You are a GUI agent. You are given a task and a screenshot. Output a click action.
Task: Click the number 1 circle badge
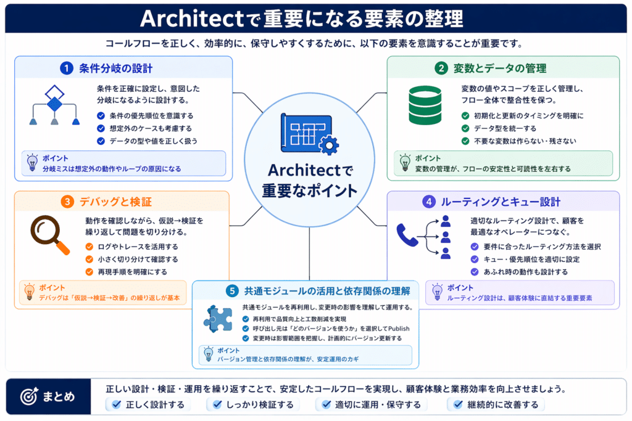(x=67, y=68)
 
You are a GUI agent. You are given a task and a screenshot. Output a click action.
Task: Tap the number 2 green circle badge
(x=441, y=68)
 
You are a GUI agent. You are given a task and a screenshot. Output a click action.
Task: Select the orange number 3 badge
(x=67, y=202)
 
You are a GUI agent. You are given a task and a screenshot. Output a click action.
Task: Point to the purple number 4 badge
(x=428, y=202)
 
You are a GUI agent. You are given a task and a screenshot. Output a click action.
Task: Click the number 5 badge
(x=232, y=290)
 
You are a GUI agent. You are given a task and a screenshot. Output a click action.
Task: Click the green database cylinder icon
(x=425, y=105)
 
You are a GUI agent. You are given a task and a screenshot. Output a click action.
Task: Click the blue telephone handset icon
(x=407, y=235)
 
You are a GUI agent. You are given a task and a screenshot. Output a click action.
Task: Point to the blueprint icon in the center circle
(x=309, y=134)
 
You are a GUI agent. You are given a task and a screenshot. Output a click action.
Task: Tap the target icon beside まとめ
(x=29, y=396)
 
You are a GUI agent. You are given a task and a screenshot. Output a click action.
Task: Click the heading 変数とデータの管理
(x=500, y=68)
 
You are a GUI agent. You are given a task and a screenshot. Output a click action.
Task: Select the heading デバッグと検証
(x=115, y=202)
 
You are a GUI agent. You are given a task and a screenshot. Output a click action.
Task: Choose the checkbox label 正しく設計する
(x=155, y=404)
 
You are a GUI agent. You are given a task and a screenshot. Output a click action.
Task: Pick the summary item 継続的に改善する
(x=502, y=404)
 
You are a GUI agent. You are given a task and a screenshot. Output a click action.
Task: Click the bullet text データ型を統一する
(x=505, y=128)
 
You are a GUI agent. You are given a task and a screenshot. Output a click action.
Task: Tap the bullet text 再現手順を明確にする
(x=132, y=272)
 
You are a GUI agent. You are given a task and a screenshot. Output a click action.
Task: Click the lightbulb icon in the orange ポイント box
(x=30, y=292)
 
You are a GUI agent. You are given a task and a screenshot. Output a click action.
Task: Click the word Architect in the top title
(x=193, y=18)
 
